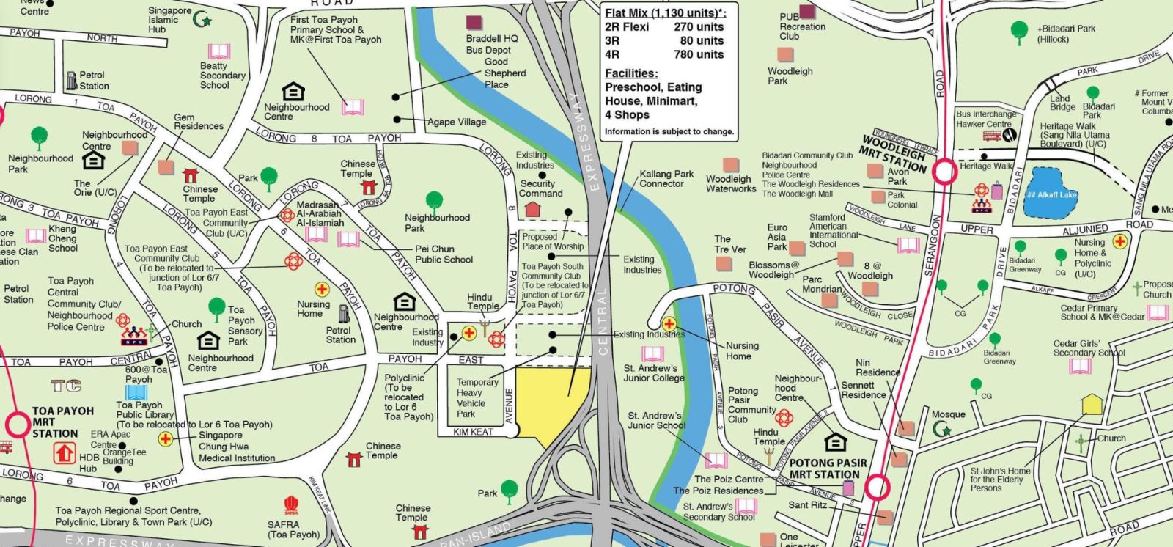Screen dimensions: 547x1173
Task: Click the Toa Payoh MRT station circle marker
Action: [x=18, y=425]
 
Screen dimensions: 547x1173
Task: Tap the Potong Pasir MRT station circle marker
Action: [x=877, y=487]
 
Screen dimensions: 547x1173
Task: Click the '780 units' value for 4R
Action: [x=698, y=54]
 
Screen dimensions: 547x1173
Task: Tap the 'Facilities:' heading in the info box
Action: [x=630, y=73]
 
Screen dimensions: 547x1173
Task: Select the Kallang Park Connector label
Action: [x=666, y=179]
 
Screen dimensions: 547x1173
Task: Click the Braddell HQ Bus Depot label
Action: [x=491, y=44]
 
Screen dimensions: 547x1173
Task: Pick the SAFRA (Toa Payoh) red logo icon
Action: [x=291, y=505]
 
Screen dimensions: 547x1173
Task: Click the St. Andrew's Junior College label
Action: [x=653, y=373]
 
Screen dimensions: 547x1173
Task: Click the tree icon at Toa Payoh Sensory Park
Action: [x=216, y=306]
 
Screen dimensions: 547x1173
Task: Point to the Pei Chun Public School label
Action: [x=444, y=254]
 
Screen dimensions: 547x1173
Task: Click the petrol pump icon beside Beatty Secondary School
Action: [x=72, y=80]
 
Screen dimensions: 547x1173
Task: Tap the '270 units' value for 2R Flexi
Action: [x=698, y=26]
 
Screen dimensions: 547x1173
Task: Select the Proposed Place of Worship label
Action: [x=552, y=241]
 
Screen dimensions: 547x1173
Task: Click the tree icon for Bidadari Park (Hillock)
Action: [x=1018, y=31]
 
